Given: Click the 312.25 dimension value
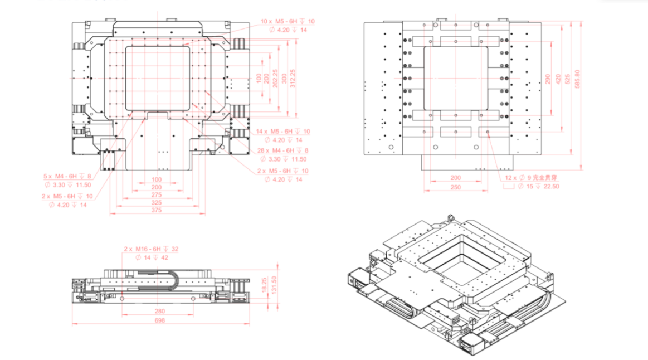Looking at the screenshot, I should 293,78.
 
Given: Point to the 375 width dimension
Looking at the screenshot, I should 157,211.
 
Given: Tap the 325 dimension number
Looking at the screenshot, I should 157,203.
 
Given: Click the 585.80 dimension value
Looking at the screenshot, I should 577,79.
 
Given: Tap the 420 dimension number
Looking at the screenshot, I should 558,79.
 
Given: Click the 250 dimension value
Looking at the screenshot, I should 455,188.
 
